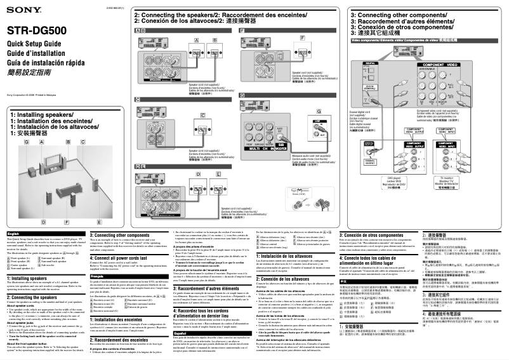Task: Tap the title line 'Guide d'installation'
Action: click(31, 51)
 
